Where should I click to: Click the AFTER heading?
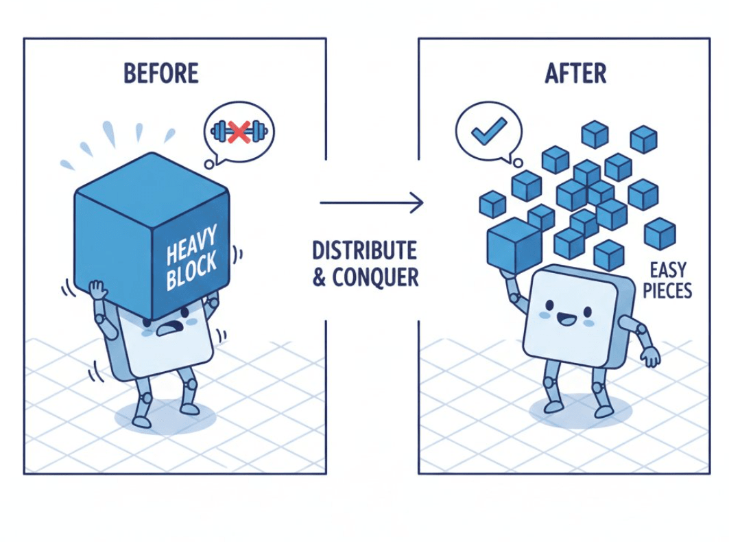pyautogui.click(x=575, y=73)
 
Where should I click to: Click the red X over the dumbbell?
pyautogui.click(x=239, y=132)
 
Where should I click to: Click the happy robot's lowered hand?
pyautogui.click(x=650, y=356)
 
